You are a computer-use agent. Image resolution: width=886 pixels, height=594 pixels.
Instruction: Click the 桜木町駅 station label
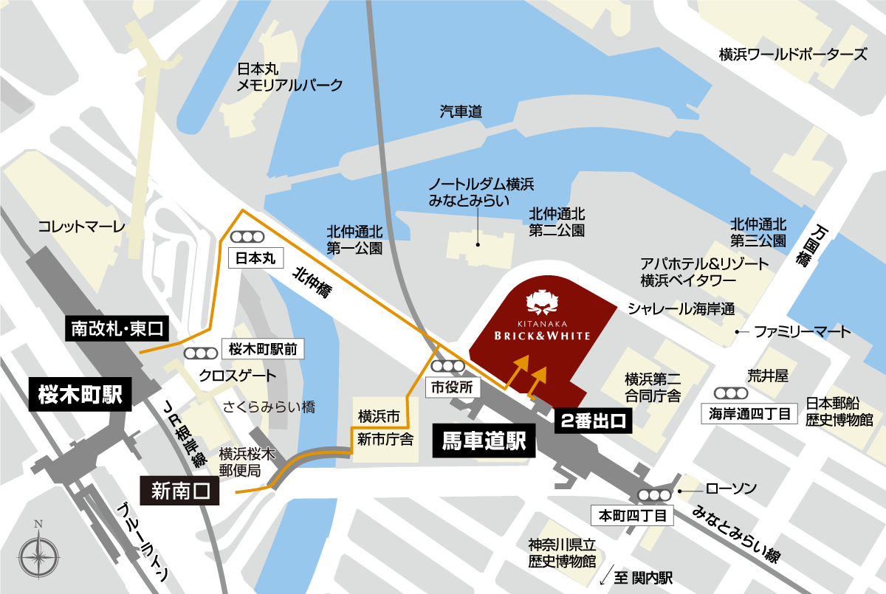(81, 396)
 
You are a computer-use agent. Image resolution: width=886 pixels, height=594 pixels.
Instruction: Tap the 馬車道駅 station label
(483, 441)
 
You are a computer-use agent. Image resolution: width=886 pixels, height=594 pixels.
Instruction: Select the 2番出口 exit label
(593, 421)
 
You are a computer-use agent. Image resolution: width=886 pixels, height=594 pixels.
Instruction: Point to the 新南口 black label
(180, 489)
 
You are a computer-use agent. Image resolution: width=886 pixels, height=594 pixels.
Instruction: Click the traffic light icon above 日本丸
(249, 238)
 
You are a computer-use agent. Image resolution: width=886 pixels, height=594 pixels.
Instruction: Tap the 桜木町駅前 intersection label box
(263, 349)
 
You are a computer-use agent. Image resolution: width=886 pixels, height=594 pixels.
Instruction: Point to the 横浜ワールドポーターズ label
(792, 55)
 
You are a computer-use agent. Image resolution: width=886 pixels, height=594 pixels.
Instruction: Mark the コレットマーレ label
(82, 226)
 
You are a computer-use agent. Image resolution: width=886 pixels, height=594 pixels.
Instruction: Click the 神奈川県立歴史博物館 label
(562, 553)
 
